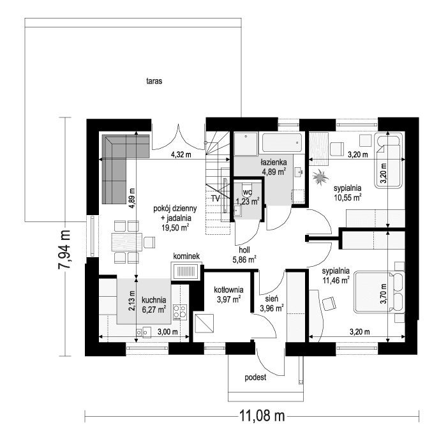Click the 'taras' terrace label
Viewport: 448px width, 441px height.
tap(153, 81)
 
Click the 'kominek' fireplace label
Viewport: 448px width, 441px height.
tap(186, 257)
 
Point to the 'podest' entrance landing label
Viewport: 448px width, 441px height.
tap(255, 377)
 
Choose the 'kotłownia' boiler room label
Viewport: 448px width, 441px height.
tap(227, 289)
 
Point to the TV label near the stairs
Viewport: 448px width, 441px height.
tap(216, 198)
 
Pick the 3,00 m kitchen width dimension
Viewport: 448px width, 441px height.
tap(151, 332)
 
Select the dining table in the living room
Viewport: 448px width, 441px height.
tap(126, 241)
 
